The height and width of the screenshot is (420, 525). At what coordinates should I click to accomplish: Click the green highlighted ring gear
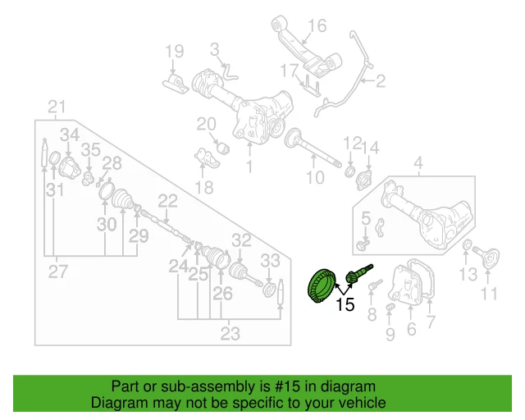tap(320, 286)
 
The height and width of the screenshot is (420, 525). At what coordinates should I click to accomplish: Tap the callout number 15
tap(345, 306)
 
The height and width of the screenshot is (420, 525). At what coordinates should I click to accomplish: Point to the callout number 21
tap(56, 107)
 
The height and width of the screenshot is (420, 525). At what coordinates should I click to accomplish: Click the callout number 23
tap(231, 333)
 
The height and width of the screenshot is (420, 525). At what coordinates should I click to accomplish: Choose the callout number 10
tap(316, 176)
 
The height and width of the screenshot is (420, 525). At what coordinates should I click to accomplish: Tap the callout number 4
tap(418, 163)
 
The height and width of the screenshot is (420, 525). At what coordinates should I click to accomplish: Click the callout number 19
tap(174, 52)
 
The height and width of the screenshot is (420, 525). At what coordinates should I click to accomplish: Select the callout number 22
tap(167, 200)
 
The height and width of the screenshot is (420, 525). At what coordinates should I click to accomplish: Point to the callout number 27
tap(55, 272)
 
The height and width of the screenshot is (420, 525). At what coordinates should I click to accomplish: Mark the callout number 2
tap(380, 80)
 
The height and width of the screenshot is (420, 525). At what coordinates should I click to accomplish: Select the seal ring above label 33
tap(269, 290)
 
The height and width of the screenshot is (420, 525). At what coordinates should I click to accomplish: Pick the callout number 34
tap(70, 135)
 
